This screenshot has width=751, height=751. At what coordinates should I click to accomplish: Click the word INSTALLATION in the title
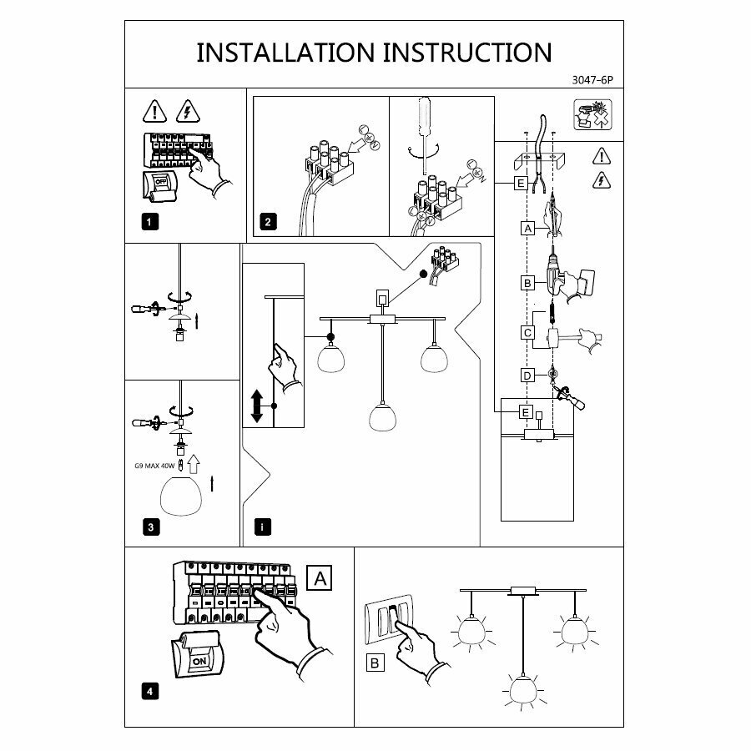[x=285, y=52]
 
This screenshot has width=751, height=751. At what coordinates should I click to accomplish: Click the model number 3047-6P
[x=594, y=82]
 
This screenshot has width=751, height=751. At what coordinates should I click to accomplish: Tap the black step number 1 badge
[x=149, y=222]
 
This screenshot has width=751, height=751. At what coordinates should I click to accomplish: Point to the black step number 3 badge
[x=149, y=527]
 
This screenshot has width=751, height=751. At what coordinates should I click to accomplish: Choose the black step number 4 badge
[x=149, y=691]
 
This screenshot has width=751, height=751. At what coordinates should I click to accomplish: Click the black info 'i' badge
[x=262, y=527]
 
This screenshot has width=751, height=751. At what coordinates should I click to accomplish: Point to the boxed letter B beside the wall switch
[x=376, y=663]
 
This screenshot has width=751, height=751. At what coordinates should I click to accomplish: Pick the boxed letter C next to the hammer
[x=527, y=332]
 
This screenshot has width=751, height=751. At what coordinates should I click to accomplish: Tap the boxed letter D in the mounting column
[x=527, y=375]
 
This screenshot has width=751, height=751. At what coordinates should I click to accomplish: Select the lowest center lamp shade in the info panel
[x=383, y=416]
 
